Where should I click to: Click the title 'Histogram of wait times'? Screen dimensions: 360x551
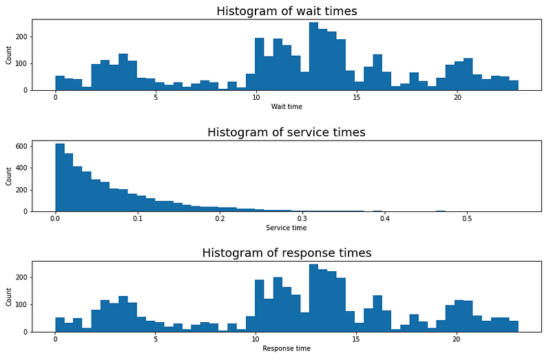coord(287,11)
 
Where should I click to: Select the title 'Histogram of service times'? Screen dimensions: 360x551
coord(287,132)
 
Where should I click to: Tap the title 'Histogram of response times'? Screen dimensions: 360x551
coord(287,253)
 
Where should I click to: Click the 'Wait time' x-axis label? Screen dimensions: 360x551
coord(287,107)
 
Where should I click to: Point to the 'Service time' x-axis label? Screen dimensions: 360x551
coord(287,228)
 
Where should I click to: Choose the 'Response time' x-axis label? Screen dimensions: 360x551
coord(287,348)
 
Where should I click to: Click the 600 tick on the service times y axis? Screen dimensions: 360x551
coord(21,147)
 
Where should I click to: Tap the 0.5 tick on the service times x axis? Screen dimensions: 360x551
coord(467,219)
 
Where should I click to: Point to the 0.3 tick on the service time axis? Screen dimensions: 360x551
coord(302,219)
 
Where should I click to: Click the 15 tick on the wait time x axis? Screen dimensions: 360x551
coord(356,98)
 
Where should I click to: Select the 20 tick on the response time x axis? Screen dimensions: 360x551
coord(456,340)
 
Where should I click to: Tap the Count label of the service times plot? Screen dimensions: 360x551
coord(9,176)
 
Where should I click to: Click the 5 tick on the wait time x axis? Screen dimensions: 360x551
coord(156,98)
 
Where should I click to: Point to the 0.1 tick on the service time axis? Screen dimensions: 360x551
coord(138,219)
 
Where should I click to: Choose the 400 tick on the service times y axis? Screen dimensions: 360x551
coord(21,168)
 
